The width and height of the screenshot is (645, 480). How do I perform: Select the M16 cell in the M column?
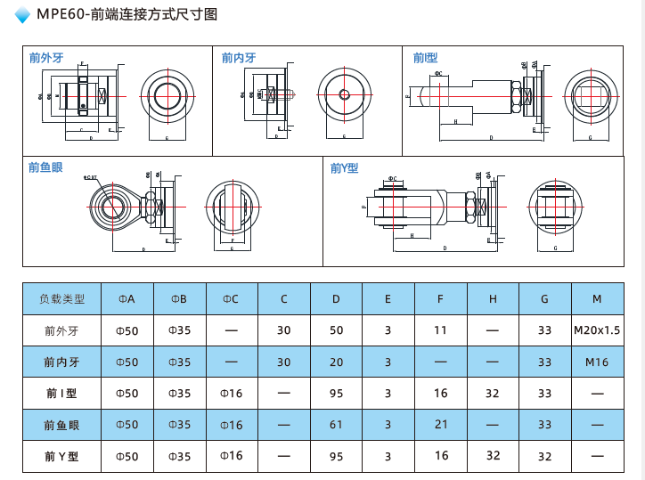pos(597,362)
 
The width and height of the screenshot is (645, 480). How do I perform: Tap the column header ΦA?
pos(127,299)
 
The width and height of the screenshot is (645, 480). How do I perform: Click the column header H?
pos(493,299)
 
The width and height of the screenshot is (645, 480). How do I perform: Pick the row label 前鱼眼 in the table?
pos(61,425)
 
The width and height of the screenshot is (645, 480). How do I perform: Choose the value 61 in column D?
pos(336,425)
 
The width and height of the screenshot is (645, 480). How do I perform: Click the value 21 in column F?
pos(441,425)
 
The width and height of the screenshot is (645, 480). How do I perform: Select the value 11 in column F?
pos(441,331)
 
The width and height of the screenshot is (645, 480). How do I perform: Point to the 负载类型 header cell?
pos(61,299)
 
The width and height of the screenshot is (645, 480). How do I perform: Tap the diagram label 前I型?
pos(425,58)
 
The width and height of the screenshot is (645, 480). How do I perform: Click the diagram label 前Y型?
pos(344,167)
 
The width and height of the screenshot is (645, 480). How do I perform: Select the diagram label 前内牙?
pos(239,58)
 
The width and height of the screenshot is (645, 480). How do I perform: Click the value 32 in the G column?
pos(545,455)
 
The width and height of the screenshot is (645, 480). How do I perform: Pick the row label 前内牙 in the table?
pos(61,362)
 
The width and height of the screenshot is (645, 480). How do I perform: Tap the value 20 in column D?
pos(336,362)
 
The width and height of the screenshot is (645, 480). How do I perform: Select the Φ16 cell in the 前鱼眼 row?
pos(231,425)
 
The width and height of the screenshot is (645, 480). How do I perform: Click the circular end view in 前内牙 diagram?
pos(343,94)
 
